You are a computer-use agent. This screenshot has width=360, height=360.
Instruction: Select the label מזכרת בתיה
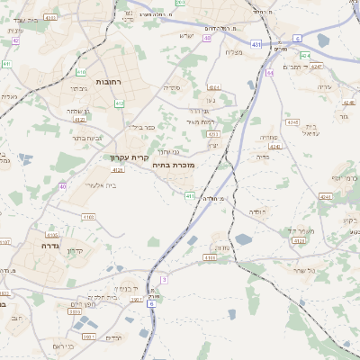pyautogui.click(x=174, y=165)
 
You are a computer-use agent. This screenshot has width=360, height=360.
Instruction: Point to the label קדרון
pyautogui.click(x=76, y=250)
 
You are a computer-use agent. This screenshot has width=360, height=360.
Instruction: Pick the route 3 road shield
pyautogui.click(x=164, y=279)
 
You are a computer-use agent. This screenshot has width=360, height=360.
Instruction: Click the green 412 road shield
pyautogui.click(x=119, y=103)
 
